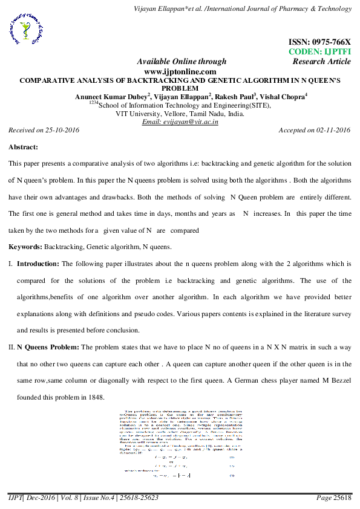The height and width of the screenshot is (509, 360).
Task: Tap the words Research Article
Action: [321, 61]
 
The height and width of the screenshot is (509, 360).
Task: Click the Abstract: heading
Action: [24, 147]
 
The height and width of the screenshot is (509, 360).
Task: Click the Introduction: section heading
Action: [38, 264]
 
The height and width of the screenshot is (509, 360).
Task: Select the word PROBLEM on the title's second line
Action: [180, 87]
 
